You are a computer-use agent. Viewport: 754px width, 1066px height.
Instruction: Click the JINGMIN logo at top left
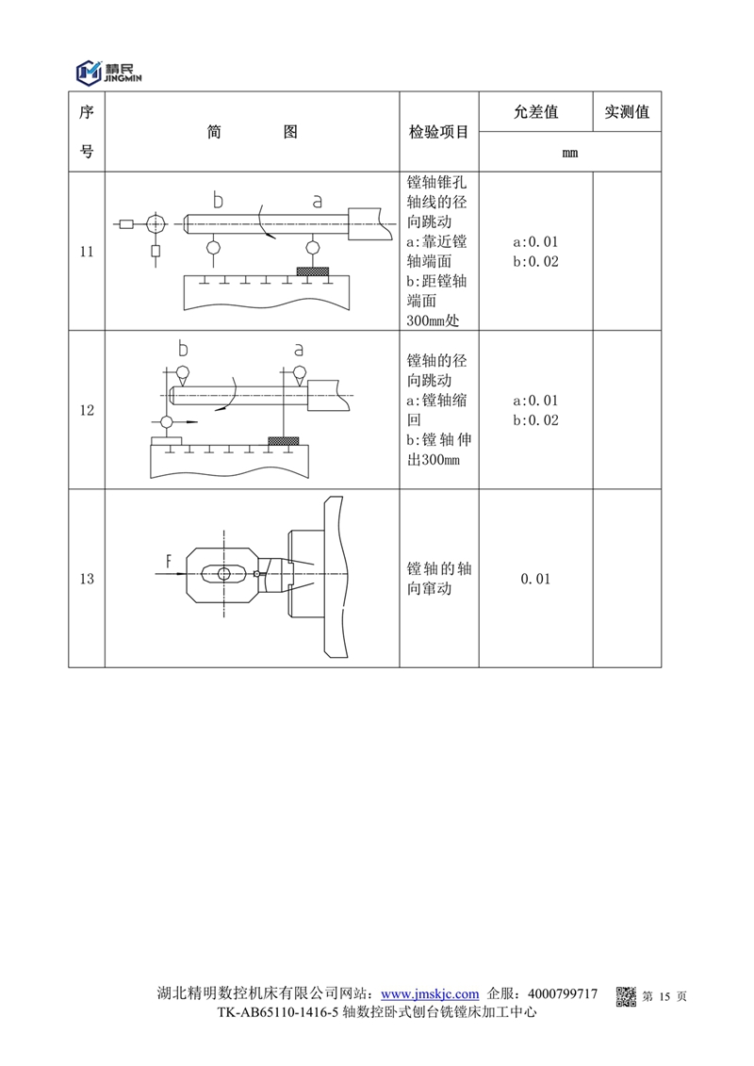click(108, 72)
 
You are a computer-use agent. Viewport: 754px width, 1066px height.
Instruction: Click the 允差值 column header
click(535, 112)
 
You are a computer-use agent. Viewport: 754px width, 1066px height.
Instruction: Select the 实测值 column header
click(627, 112)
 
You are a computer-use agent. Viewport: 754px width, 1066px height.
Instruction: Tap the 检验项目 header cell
click(438, 132)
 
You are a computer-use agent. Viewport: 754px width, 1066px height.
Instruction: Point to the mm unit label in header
click(570, 153)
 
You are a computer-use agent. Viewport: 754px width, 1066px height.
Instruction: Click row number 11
click(87, 252)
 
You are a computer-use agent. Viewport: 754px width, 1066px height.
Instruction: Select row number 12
click(87, 410)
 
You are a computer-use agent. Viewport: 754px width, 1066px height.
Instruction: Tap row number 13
click(87, 579)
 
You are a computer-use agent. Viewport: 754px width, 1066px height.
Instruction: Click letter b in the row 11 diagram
click(218, 200)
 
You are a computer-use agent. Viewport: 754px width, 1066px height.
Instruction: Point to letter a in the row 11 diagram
click(317, 202)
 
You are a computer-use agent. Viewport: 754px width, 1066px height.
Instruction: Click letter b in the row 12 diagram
click(182, 348)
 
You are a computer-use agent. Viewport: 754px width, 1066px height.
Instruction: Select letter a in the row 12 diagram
click(298, 350)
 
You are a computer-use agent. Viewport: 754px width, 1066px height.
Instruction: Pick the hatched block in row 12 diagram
click(284, 440)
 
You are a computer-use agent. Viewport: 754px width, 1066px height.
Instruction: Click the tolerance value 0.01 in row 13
click(535, 579)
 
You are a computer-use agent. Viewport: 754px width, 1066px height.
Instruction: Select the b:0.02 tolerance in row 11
click(535, 262)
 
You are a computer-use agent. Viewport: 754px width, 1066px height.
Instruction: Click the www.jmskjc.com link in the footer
click(430, 994)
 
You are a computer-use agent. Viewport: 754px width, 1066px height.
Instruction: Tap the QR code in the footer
click(626, 996)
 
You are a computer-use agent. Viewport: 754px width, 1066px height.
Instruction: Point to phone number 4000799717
click(563, 994)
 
